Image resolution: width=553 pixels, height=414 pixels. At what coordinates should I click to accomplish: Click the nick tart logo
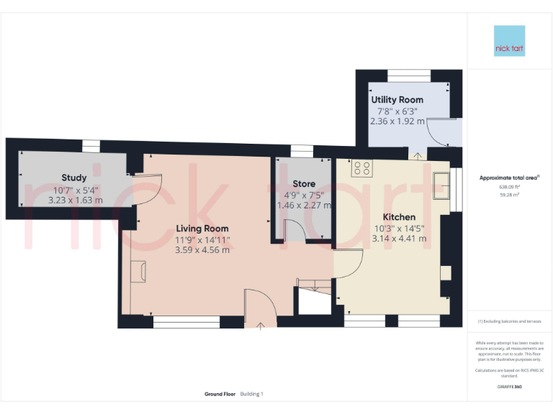(x=510, y=41)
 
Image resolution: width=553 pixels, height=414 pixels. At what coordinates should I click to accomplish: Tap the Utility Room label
(x=397, y=100)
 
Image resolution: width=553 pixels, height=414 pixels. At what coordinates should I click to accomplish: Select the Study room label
(x=74, y=178)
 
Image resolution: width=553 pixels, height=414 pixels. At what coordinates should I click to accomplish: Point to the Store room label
(x=304, y=184)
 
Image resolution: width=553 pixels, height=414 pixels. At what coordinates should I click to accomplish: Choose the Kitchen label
(x=398, y=217)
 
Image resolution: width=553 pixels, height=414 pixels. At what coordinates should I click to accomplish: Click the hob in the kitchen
(x=362, y=169)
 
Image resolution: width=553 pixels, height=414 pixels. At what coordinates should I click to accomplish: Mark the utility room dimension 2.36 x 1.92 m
(x=397, y=121)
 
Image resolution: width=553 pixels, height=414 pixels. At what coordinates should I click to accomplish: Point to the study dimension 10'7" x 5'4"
(x=75, y=190)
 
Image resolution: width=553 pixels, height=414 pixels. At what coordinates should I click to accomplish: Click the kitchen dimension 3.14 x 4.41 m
(x=398, y=239)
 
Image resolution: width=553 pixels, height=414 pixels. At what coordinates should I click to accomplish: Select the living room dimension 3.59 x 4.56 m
(x=202, y=250)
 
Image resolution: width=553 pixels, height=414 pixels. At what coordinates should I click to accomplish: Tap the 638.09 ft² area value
(x=509, y=186)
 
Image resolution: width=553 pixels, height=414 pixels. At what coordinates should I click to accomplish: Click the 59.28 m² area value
(x=509, y=193)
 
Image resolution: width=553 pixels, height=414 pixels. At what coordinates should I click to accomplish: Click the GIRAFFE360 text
(x=509, y=387)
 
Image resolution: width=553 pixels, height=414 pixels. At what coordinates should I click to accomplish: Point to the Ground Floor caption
(x=220, y=394)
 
